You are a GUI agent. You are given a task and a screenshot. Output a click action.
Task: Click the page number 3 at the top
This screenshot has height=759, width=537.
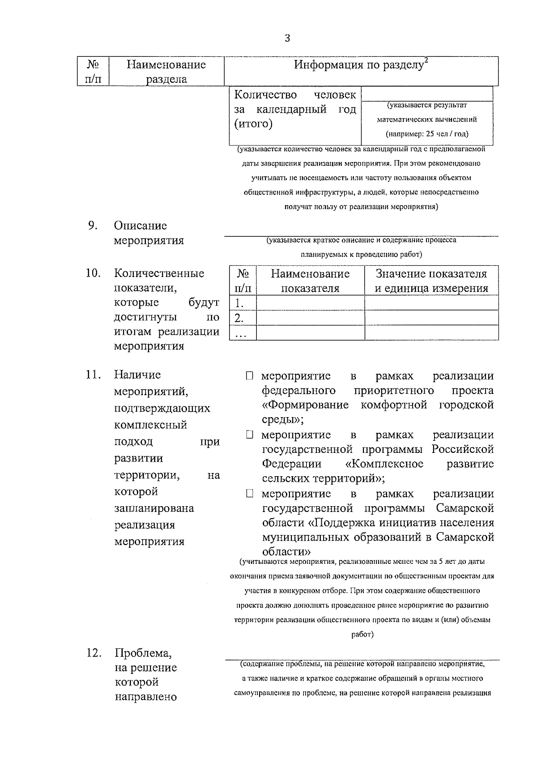click(287, 38)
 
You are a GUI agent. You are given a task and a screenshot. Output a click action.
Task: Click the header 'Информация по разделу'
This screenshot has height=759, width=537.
click(358, 65)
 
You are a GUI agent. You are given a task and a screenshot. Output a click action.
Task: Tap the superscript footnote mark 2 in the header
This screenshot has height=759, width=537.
click(426, 60)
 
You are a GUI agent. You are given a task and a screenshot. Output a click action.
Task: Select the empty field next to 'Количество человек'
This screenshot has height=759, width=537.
click(426, 94)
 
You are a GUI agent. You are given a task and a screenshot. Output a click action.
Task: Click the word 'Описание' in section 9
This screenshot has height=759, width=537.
click(140, 226)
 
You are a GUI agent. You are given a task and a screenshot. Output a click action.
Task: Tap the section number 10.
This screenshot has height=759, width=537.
click(93, 273)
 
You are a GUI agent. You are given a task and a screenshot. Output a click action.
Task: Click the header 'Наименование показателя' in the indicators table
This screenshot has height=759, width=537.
click(310, 281)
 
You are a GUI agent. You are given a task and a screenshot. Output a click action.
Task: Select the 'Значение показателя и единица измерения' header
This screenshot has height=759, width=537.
click(431, 281)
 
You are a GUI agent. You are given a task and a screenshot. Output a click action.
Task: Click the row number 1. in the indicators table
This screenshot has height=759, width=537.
click(239, 303)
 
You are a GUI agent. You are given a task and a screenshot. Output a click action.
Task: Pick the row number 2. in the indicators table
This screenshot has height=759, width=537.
click(239, 318)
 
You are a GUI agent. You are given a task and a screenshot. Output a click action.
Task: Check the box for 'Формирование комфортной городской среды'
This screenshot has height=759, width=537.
click(250, 376)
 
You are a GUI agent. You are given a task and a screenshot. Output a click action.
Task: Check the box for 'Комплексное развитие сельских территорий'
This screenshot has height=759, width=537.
click(250, 435)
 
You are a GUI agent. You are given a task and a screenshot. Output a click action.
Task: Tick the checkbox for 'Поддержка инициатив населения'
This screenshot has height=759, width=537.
click(250, 494)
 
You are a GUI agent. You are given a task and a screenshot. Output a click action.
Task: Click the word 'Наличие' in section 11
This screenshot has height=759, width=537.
click(137, 375)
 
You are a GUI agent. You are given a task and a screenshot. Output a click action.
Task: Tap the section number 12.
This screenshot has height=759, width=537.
click(94, 653)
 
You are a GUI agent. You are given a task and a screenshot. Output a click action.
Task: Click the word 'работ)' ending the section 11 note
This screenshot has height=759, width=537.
click(362, 634)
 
